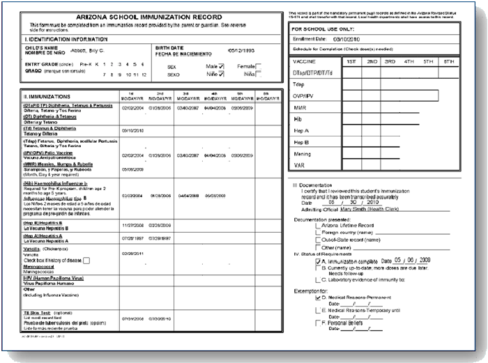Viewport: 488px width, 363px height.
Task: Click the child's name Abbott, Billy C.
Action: coord(86,51)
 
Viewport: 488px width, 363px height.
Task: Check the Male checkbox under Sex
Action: coord(221,65)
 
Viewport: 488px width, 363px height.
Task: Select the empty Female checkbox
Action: coord(258,65)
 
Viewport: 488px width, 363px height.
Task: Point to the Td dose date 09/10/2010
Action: coord(132,131)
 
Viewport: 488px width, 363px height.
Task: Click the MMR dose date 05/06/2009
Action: coord(132,169)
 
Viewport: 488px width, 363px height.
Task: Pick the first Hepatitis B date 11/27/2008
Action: coord(132,226)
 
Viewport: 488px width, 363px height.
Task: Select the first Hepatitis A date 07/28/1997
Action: coord(132,237)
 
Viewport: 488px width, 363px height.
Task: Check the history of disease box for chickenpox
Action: coord(87,261)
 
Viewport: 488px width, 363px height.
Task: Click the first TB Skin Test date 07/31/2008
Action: coord(132,318)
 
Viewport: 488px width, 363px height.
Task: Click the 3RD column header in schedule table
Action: coord(390,62)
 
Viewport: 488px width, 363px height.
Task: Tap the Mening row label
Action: coord(303,154)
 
